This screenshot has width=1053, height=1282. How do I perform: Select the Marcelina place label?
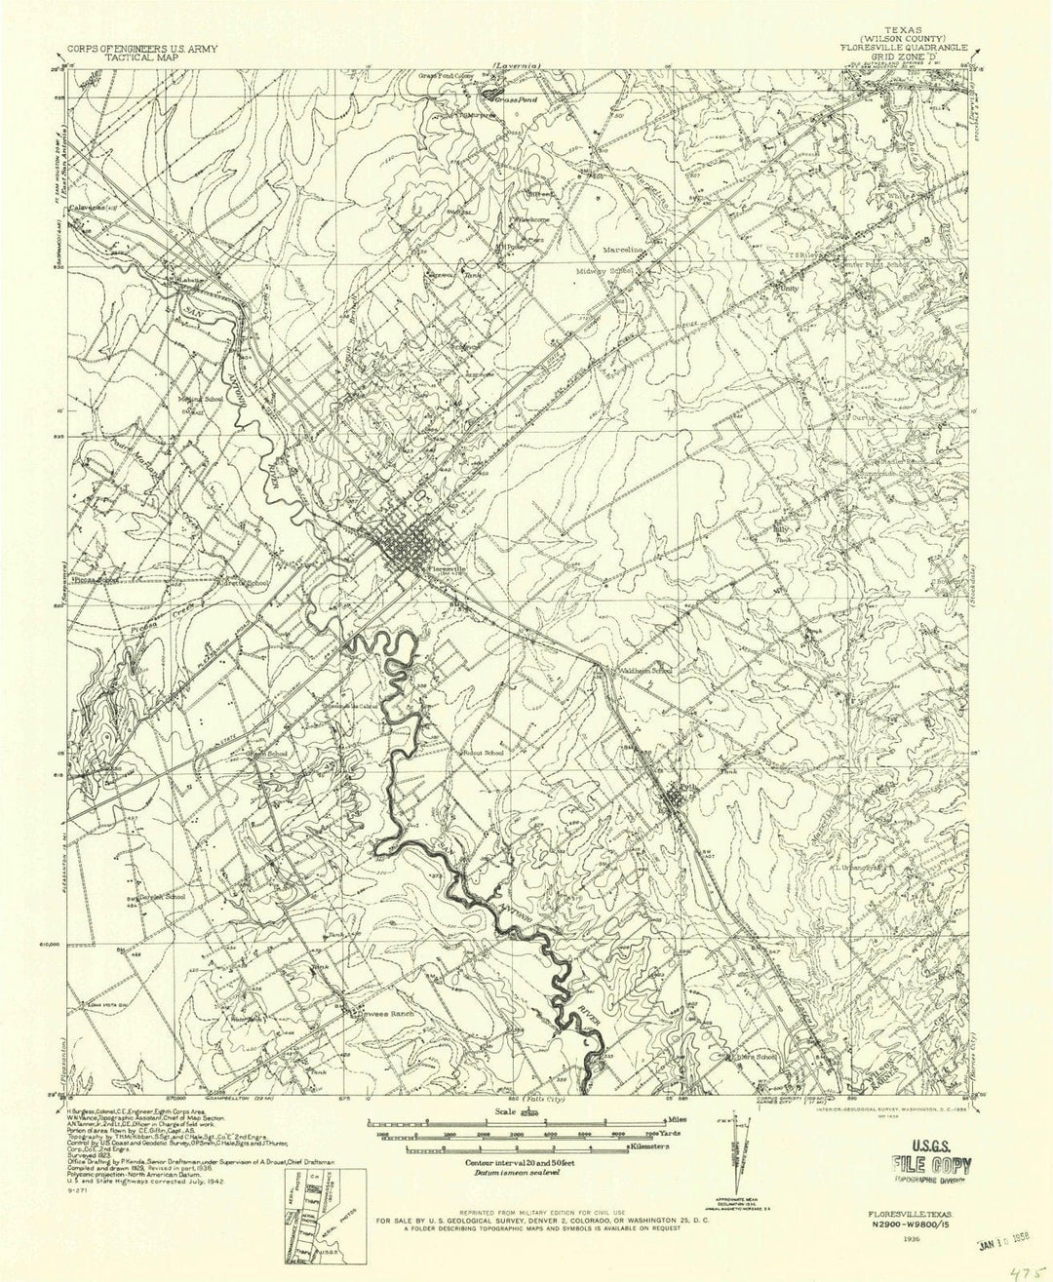626,250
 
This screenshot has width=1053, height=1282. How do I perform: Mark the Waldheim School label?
643,671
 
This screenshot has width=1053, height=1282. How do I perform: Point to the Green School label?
267,754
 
